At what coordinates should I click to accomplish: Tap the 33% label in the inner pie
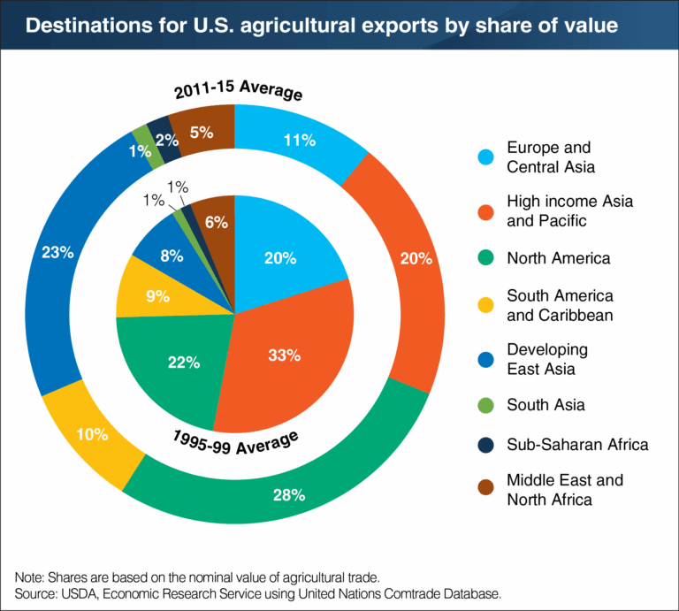[285, 355]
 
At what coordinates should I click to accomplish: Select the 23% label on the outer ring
[57, 252]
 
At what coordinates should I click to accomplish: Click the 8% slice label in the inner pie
[172, 256]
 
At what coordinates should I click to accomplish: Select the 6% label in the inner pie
[215, 224]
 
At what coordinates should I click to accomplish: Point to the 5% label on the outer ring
[202, 133]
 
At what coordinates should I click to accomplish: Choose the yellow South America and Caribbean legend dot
[484, 304]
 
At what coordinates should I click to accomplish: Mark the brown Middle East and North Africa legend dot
[484, 490]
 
